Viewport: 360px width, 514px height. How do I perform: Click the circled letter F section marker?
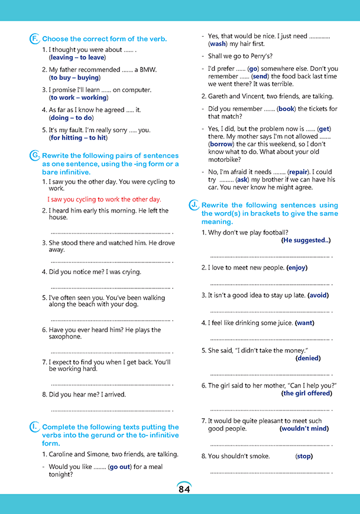[x=34, y=39]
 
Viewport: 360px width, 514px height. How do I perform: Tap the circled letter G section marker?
[x=34, y=155]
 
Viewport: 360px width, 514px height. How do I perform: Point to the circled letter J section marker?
[x=194, y=204]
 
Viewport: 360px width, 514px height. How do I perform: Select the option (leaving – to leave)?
[x=77, y=57]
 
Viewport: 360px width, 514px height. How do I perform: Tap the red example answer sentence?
[x=104, y=200]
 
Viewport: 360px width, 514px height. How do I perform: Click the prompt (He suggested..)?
[x=306, y=240]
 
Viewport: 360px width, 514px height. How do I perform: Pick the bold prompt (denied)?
[x=308, y=358]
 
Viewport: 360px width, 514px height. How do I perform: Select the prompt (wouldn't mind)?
[x=304, y=428]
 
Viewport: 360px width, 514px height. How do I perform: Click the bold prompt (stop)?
[x=304, y=456]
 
